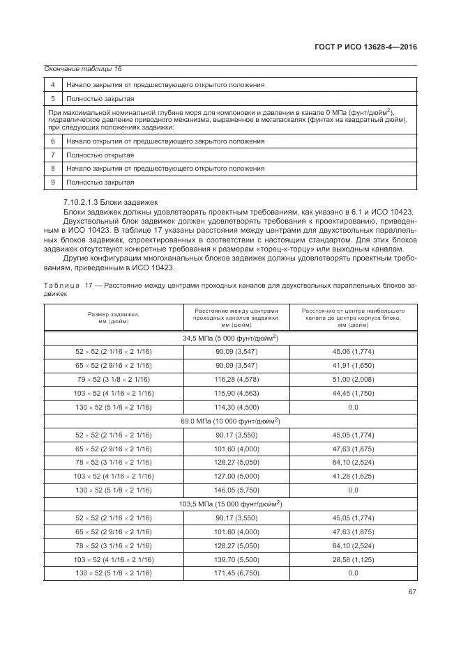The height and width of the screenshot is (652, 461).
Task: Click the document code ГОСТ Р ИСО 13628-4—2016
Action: click(x=366, y=48)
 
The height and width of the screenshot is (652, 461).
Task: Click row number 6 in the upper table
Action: click(x=53, y=141)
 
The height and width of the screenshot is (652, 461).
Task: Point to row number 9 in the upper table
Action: click(x=53, y=182)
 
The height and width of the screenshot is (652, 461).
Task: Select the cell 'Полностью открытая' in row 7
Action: click(x=100, y=155)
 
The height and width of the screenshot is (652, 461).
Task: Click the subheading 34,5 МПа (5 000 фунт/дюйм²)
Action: click(x=230, y=339)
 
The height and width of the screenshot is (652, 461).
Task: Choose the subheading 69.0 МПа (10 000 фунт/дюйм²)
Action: click(x=230, y=421)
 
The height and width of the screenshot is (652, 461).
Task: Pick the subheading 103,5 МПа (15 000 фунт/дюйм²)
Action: click(x=230, y=504)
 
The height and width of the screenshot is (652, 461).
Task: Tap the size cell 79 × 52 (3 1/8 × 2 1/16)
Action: click(x=114, y=380)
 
